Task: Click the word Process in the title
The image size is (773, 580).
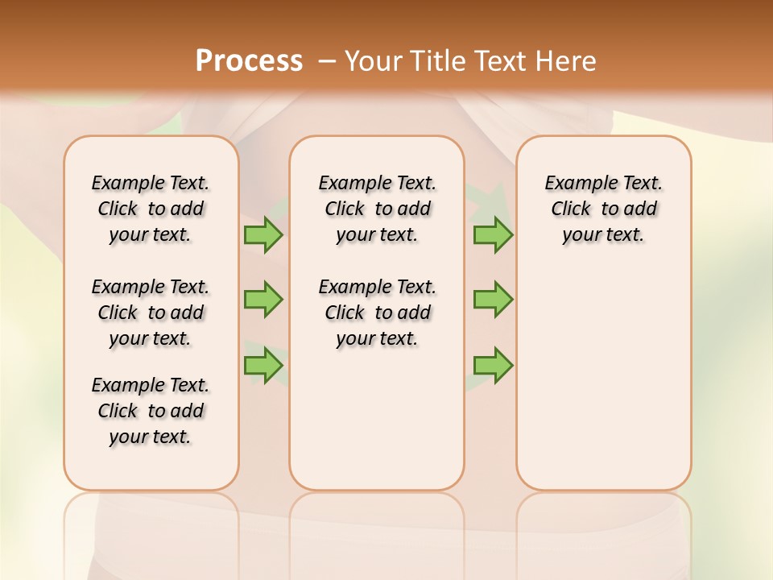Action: click(249, 61)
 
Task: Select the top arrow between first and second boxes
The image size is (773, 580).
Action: click(263, 235)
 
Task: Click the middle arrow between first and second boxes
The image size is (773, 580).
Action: click(263, 300)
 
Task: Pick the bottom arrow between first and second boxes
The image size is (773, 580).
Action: click(263, 365)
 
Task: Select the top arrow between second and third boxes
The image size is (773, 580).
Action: click(493, 235)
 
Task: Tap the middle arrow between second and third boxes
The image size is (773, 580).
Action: click(493, 300)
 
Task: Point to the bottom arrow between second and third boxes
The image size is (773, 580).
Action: click(493, 365)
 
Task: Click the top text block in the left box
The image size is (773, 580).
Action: click(151, 209)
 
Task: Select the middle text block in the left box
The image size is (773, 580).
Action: click(151, 313)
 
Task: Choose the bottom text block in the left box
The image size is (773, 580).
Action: click(151, 411)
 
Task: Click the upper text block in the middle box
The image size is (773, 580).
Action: click(377, 209)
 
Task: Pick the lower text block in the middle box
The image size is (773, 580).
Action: click(377, 313)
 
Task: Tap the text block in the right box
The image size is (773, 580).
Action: click(603, 209)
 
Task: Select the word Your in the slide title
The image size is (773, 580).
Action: click(374, 61)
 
